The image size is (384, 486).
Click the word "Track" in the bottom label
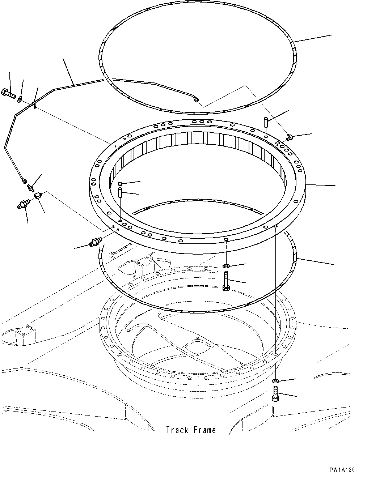click(x=177, y=430)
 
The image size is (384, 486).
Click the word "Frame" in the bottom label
click(x=204, y=430)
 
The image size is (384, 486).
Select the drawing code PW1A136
click(x=342, y=470)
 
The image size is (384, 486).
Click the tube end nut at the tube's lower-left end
click(x=24, y=179)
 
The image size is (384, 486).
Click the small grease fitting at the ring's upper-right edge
click(x=289, y=137)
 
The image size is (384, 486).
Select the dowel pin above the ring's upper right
click(x=266, y=121)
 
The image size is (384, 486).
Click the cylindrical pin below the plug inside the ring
click(x=120, y=192)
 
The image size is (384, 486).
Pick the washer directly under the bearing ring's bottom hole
click(x=226, y=267)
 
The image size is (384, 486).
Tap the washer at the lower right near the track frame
click(x=275, y=381)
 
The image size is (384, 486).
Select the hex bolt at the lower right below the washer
click(x=275, y=394)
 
